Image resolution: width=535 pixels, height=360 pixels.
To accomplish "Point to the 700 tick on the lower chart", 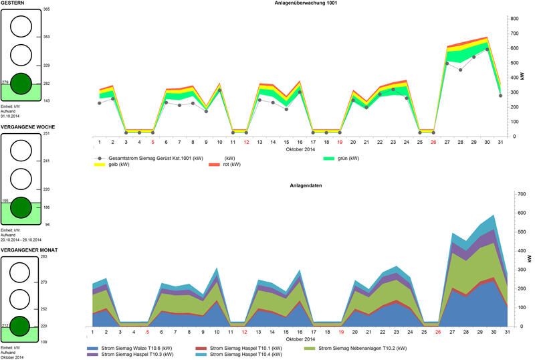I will click(518, 194).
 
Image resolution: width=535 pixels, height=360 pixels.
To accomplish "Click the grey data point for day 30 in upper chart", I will click(488, 50).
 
